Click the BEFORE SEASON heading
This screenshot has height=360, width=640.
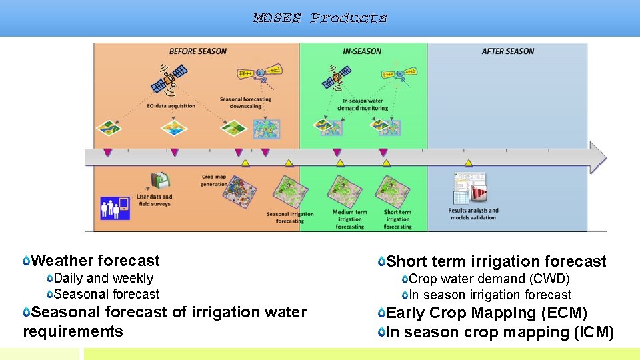[x=197, y=51]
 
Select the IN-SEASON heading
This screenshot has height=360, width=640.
[x=362, y=51]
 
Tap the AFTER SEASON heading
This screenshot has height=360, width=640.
[x=508, y=51]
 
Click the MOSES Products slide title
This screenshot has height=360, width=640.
[x=320, y=18]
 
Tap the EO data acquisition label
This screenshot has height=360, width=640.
[x=171, y=105]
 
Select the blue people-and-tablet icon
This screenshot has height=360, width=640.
[x=114, y=207]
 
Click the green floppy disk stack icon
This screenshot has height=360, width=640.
[x=160, y=181]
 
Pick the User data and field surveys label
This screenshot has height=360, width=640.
[x=155, y=200]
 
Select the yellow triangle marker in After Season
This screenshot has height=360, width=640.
[x=469, y=163]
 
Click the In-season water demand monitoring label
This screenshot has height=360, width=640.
[x=363, y=104]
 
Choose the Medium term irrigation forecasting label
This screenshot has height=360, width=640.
[x=349, y=219]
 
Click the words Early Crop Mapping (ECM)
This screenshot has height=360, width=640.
[x=487, y=313]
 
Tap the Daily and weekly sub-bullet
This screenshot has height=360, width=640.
[x=103, y=279]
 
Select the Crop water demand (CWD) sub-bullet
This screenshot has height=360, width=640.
[x=489, y=279]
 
